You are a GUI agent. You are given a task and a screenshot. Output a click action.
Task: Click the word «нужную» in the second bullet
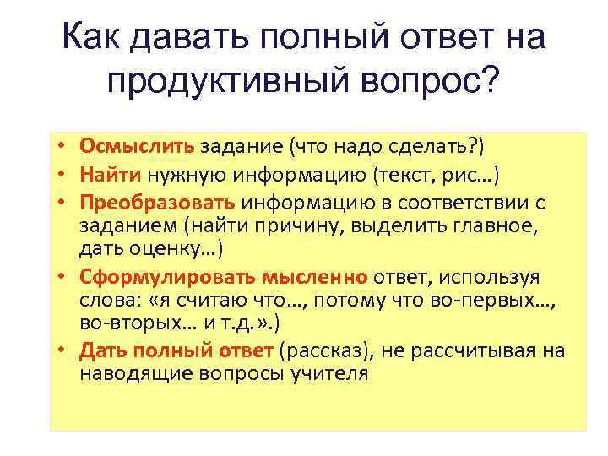181,176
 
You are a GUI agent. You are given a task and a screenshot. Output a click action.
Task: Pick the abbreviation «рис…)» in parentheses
473,176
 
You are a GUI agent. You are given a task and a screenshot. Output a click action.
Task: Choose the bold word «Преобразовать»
159,204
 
